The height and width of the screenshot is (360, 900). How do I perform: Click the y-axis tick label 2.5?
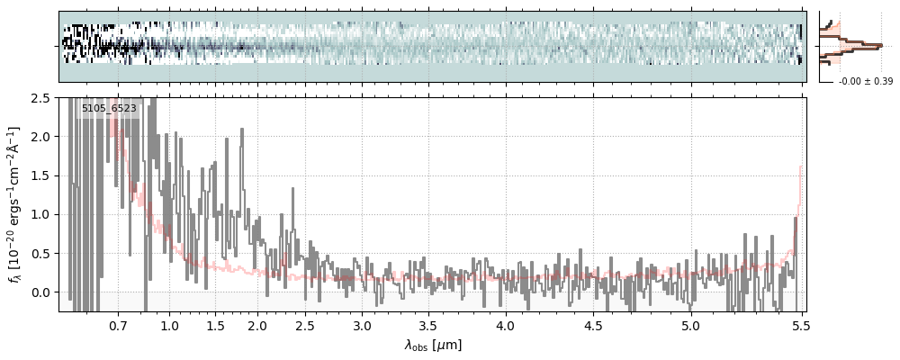[x=40, y=97]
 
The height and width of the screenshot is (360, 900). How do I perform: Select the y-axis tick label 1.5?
[x=40, y=175]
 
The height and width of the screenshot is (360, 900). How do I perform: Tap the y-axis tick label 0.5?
[x=40, y=254]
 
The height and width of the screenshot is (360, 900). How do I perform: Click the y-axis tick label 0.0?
[x=40, y=292]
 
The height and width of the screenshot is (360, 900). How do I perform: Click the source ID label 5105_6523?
[x=109, y=109]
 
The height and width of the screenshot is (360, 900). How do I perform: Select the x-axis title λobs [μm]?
[x=433, y=345]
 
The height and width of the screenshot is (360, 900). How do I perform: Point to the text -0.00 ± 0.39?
[x=865, y=82]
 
